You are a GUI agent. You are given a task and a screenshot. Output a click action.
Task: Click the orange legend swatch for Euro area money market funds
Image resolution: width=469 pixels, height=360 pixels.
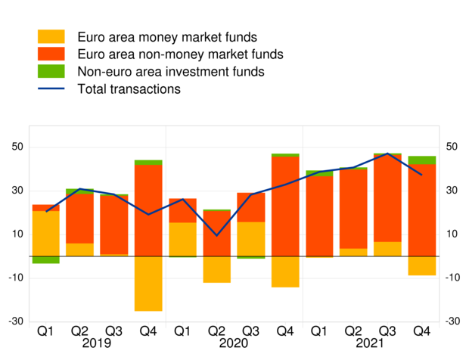[x=51, y=37]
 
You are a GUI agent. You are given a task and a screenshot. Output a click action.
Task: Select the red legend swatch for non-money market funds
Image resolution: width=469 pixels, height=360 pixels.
[x=51, y=54]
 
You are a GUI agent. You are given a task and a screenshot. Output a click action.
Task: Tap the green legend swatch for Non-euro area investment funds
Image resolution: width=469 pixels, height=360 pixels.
[x=51, y=72]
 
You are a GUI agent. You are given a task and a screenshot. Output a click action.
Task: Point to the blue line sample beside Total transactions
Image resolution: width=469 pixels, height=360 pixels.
[x=51, y=89]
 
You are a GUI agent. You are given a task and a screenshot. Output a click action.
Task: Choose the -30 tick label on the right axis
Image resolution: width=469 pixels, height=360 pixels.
[x=452, y=321]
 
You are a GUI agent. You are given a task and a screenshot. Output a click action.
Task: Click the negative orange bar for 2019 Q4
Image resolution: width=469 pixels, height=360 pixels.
[x=148, y=284]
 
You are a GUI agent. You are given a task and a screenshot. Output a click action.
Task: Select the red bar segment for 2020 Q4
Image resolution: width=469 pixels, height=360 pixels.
[x=285, y=206]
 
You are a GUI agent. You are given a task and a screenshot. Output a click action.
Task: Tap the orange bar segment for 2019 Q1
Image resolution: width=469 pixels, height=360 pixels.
[x=46, y=233]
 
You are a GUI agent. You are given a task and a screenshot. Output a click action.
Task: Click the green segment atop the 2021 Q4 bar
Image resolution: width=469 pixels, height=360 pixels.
[x=421, y=160]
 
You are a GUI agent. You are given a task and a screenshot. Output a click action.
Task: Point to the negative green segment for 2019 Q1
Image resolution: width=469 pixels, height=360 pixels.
[x=46, y=259]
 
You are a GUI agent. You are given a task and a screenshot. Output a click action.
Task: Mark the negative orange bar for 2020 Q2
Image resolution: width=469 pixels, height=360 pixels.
[x=217, y=269]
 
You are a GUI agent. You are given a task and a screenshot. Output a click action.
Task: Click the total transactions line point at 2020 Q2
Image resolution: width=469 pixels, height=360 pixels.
[x=217, y=235]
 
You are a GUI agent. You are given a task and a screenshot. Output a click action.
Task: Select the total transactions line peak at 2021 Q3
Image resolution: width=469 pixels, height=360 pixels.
[x=387, y=154]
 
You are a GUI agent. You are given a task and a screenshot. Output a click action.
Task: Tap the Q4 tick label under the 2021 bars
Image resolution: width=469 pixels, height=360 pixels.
[x=421, y=331]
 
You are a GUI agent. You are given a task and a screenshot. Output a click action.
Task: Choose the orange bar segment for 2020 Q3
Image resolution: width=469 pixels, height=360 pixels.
[x=251, y=239]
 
